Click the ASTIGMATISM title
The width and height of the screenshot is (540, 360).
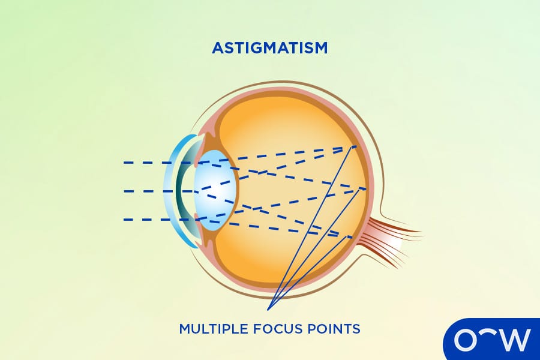(269, 48)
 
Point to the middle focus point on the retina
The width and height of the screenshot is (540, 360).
(364, 189)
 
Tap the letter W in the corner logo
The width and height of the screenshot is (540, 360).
(515, 340)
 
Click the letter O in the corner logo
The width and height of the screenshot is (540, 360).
(465, 340)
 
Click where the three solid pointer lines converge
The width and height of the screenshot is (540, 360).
(268, 310)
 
